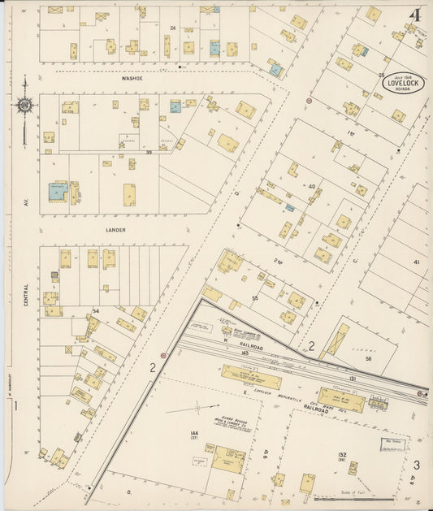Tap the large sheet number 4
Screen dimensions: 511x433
tap(415, 16)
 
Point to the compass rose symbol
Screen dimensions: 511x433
tap(25, 104)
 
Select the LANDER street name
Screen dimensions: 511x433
tap(115, 230)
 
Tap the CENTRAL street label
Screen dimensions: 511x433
tap(26, 292)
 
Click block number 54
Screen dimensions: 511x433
tap(95, 312)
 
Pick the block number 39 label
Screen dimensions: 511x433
tap(149, 152)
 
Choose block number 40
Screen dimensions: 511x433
tap(311, 187)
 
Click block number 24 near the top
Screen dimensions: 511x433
tap(172, 28)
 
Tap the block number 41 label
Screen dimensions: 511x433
tap(417, 262)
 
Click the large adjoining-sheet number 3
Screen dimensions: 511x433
tap(416, 465)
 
